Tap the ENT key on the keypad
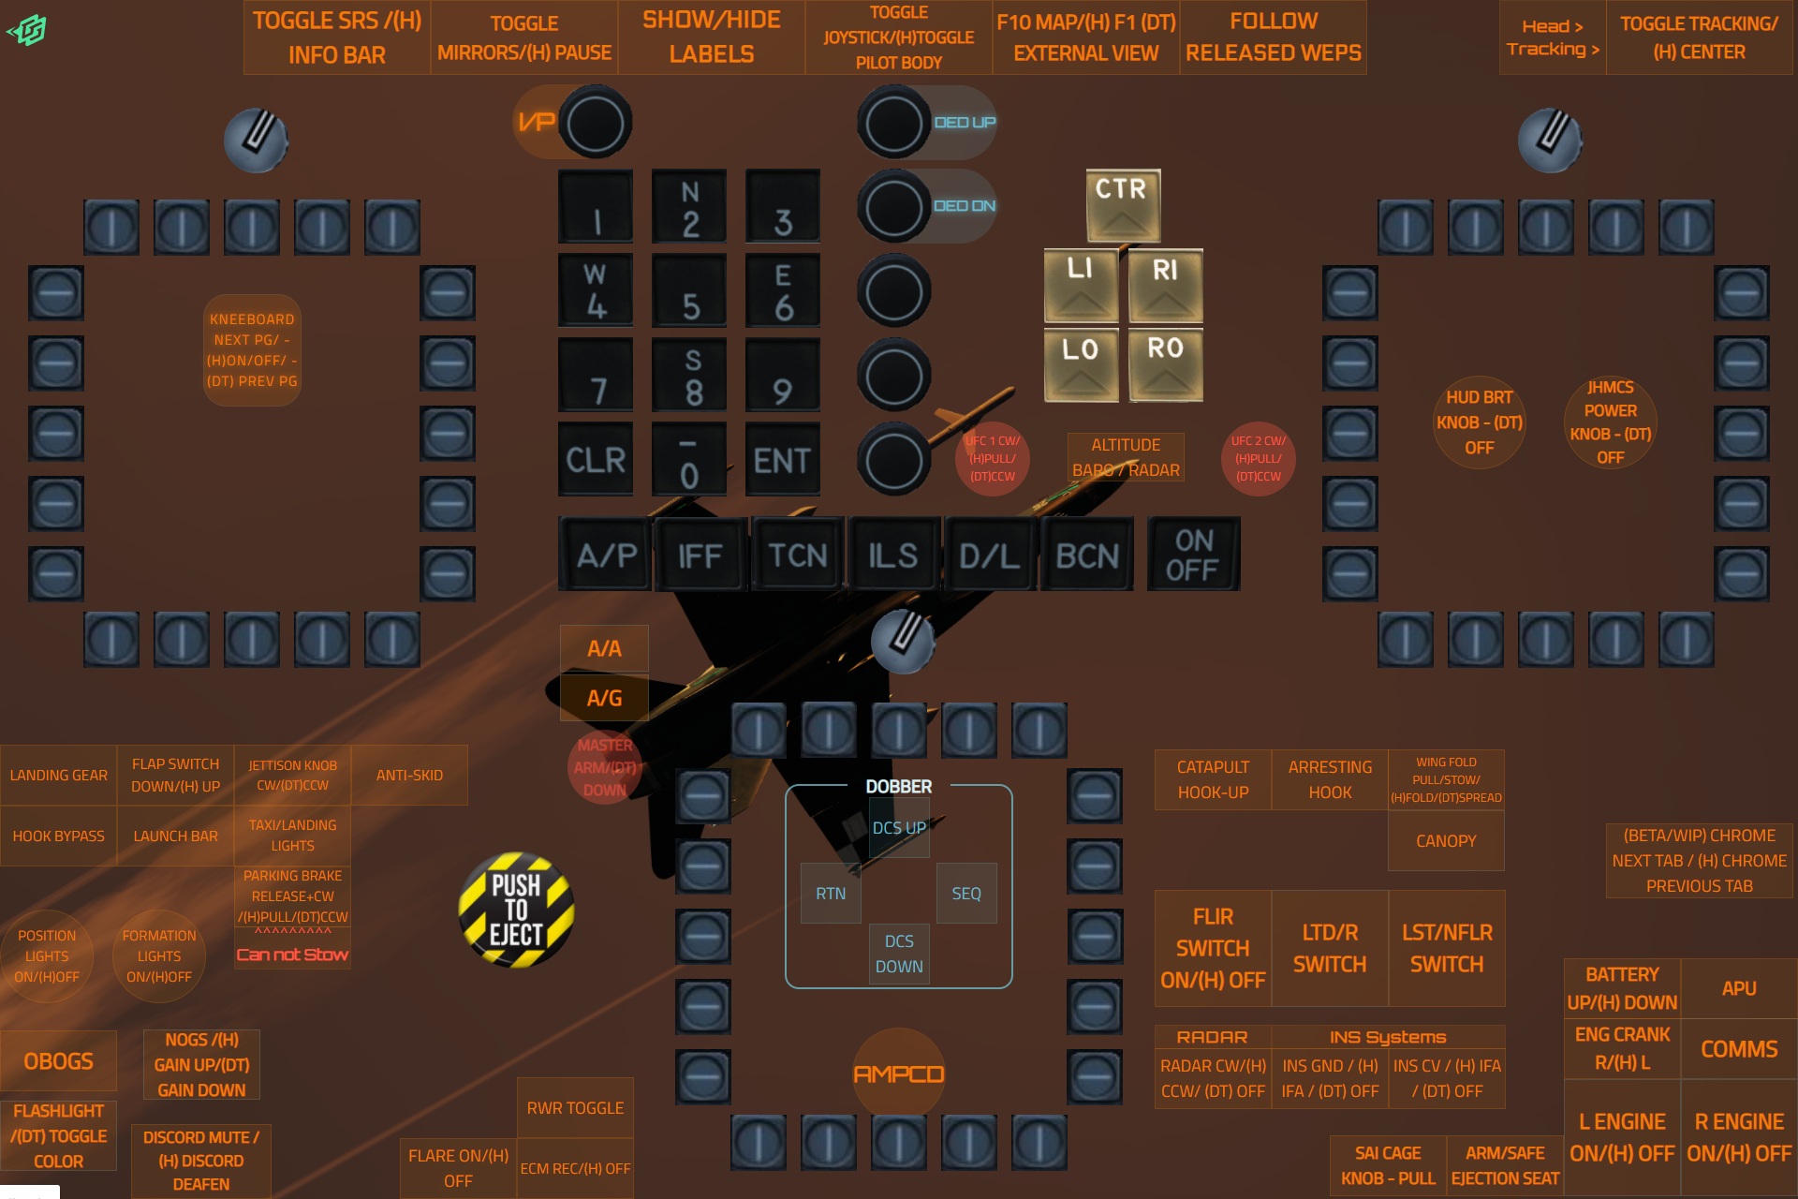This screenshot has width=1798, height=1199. tap(782, 459)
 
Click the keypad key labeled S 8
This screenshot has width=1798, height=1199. tap(690, 376)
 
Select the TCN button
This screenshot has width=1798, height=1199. tap(797, 555)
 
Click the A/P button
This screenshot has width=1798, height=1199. tap(606, 555)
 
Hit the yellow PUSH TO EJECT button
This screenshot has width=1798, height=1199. tap(516, 910)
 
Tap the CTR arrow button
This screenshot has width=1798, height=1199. tap(1123, 205)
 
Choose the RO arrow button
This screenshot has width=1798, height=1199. tap(1166, 363)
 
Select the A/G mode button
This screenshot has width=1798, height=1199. tap(604, 698)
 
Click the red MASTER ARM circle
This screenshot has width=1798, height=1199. tap(605, 767)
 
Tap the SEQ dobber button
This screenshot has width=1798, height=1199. tap(966, 894)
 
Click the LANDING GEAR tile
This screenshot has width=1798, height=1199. tap(59, 776)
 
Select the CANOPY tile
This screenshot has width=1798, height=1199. tap(1446, 841)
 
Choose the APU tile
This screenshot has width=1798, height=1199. tap(1739, 988)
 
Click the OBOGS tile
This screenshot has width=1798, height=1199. tap(59, 1061)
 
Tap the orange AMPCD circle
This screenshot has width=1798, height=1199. tap(899, 1073)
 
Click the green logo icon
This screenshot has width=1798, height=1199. tap(28, 30)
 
